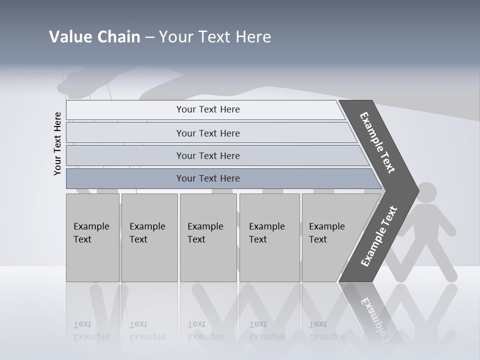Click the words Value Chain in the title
[x=94, y=37]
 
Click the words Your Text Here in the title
[x=215, y=37]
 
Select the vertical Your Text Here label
[x=57, y=143]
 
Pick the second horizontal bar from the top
[x=208, y=133]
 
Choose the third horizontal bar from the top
[x=208, y=155]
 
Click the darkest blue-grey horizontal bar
[x=208, y=178]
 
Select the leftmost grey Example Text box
[x=92, y=237]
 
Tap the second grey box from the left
[x=149, y=237]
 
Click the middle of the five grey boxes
[x=208, y=237]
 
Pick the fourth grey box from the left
[x=269, y=237]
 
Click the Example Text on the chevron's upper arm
[x=377, y=142]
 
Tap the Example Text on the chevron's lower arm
[x=379, y=236]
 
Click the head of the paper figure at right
[x=426, y=192]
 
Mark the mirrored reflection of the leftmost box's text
[x=91, y=330]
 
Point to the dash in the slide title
[x=149, y=37]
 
